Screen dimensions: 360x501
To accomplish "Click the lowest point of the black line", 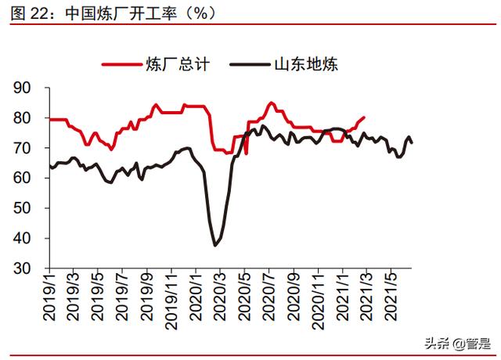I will point(214,246).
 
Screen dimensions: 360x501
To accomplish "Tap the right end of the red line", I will point(365,117).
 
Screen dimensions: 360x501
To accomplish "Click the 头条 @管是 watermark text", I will point(458,342).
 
